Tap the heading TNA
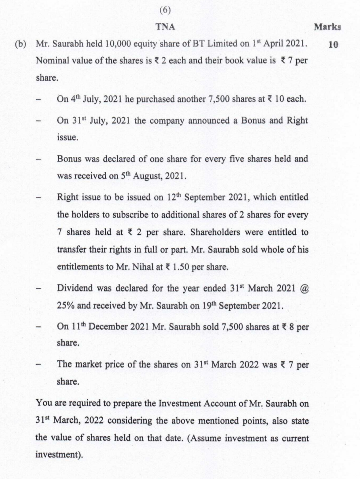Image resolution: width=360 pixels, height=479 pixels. [x=166, y=27]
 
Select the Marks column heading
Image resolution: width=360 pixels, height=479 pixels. [x=328, y=27]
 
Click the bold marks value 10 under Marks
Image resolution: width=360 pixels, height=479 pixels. [x=333, y=45]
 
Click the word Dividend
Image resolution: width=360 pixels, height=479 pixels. [x=74, y=289]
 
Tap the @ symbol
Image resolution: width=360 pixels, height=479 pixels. [x=303, y=289]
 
